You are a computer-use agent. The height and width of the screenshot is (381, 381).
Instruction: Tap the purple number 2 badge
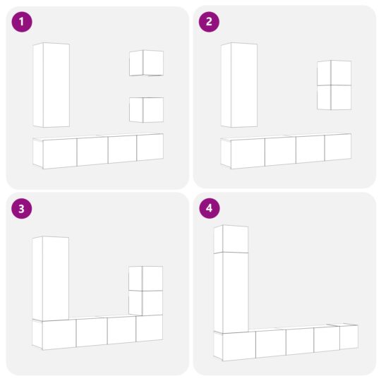[208, 22]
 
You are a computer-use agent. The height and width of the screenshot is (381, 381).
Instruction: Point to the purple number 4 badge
[208, 209]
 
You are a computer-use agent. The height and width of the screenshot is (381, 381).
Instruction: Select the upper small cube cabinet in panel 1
[146, 63]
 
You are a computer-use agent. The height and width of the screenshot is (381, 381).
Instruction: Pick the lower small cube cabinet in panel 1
[146, 109]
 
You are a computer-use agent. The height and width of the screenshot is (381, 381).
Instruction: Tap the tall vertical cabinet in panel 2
[238, 85]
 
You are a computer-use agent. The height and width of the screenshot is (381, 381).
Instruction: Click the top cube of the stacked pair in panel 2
[334, 73]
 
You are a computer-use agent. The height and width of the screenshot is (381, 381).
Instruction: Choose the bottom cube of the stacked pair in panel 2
[334, 97]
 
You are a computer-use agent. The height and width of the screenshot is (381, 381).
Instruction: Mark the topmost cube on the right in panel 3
[146, 279]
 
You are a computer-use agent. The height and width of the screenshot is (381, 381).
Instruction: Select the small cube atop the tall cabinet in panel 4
[231, 240]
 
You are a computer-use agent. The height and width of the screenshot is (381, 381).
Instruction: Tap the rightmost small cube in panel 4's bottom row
[349, 337]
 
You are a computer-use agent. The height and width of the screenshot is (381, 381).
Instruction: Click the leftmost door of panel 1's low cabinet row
[59, 153]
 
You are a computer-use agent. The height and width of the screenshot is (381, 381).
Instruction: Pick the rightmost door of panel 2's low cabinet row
[338, 147]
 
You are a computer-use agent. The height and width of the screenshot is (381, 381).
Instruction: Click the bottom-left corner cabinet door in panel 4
[238, 346]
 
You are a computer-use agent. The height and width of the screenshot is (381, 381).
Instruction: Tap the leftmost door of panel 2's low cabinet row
[247, 153]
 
